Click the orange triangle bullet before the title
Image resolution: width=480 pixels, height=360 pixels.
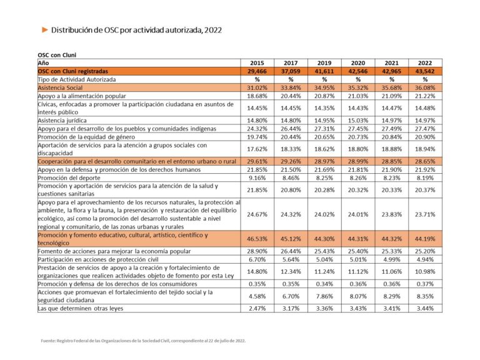[x=45, y=30]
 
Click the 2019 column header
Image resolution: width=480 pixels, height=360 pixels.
[x=324, y=63]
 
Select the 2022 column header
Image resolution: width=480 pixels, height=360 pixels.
[x=425, y=63]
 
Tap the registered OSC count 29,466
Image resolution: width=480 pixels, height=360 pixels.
[x=257, y=71]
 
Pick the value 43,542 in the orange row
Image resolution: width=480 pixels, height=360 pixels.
[x=425, y=71]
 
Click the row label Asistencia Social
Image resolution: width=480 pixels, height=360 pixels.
[x=60, y=88]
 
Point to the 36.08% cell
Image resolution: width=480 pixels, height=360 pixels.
[x=425, y=88]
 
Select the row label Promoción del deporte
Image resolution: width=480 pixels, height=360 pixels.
[x=69, y=178]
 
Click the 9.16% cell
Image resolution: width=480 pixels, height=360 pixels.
[x=257, y=178]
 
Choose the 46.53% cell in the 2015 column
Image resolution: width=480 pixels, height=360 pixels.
[x=257, y=239]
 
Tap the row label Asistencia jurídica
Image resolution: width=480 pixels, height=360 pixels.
[x=62, y=121]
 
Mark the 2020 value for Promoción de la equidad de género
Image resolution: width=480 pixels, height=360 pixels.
[x=358, y=137]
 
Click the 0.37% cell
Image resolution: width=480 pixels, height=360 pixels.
[x=425, y=284]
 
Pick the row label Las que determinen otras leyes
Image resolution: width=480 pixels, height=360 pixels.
[x=81, y=309]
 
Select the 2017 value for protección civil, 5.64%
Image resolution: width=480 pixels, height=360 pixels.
[x=291, y=259]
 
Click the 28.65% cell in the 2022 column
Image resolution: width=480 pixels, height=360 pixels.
[x=425, y=162]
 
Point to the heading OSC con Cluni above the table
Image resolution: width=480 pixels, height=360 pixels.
[x=57, y=55]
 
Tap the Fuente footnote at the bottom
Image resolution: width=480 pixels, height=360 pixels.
[x=143, y=341]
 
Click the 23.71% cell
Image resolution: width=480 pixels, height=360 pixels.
[x=425, y=214]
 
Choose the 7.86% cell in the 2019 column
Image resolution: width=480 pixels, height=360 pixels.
[x=324, y=296]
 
